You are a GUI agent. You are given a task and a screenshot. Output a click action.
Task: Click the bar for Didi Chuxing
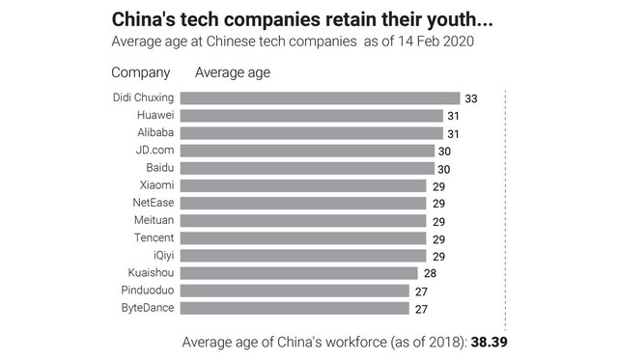(x=320, y=98)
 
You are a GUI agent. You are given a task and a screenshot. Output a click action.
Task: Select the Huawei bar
(x=312, y=116)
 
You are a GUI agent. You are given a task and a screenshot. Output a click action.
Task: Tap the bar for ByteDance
(x=295, y=308)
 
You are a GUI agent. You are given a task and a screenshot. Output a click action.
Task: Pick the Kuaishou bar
(x=299, y=273)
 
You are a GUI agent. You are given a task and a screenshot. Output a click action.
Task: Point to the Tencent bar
(x=303, y=237)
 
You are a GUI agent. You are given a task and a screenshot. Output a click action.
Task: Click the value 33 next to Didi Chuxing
(x=471, y=98)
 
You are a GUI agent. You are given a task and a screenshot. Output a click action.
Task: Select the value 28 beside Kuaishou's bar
(x=430, y=273)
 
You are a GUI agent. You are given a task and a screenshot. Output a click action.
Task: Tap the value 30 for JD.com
(x=444, y=152)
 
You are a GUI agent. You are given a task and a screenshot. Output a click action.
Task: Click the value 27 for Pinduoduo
(x=421, y=291)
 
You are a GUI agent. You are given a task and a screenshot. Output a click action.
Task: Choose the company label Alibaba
(x=155, y=132)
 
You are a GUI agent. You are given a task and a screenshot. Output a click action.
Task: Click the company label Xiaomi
(x=156, y=185)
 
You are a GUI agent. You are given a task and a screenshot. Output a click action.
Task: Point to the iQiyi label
(x=164, y=256)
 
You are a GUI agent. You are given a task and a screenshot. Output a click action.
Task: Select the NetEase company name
(x=154, y=203)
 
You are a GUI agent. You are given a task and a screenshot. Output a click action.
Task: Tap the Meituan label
(x=154, y=220)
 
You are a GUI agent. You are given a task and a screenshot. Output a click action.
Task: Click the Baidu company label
(x=160, y=167)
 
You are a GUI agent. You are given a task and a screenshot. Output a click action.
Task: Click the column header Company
(x=141, y=72)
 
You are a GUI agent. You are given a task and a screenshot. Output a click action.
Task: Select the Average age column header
(x=233, y=72)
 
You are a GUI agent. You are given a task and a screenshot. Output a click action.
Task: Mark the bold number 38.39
(x=490, y=342)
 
